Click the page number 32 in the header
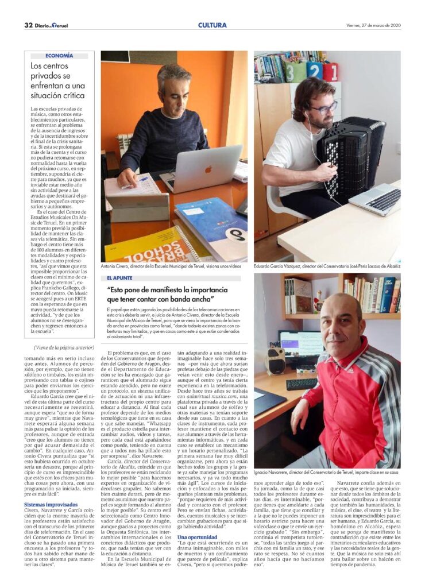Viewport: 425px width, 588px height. coord(28,25)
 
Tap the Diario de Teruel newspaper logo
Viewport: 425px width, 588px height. coord(51,25)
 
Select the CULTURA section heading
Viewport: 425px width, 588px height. coord(212,25)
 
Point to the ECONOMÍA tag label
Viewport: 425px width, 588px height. coord(59,56)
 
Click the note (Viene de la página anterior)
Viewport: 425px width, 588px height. coord(64,348)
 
